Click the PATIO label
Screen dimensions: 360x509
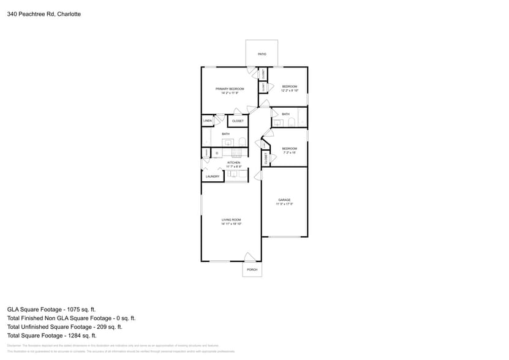coord(262,54)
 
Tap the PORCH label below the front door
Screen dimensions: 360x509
coord(252,270)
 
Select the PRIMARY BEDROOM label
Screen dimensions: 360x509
coord(230,89)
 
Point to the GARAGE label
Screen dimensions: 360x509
coord(284,200)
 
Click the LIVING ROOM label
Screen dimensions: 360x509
coord(231,220)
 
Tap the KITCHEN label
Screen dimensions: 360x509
coord(233,162)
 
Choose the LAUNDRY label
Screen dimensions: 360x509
coord(213,176)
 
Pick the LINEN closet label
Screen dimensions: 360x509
coord(208,121)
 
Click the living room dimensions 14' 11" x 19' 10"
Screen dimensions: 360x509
coord(231,224)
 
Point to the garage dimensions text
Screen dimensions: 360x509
coord(284,204)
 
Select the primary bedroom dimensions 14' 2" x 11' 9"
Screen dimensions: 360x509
coord(230,93)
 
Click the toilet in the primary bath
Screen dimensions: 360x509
coord(243,143)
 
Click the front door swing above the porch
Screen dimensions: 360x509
coord(250,257)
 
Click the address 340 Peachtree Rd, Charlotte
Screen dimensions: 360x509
coord(43,13)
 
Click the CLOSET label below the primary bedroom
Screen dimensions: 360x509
coord(238,121)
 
